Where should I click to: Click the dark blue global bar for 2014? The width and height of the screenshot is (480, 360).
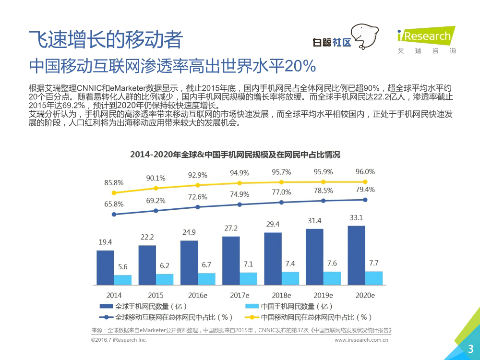(x=105, y=268)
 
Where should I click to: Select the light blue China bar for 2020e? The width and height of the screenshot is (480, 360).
(x=374, y=278)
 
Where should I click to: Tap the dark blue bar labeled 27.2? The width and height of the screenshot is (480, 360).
(x=230, y=261)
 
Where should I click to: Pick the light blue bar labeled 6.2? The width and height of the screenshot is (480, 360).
(x=165, y=280)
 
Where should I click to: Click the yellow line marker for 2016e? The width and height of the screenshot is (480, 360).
(x=197, y=185)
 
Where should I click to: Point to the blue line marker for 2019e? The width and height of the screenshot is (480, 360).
(x=324, y=201)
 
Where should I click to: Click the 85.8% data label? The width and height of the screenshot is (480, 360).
(x=114, y=182)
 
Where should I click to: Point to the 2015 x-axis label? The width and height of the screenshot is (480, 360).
(x=156, y=295)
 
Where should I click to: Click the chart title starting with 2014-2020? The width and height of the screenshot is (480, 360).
(x=235, y=155)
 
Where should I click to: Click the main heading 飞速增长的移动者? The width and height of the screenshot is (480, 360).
(x=106, y=39)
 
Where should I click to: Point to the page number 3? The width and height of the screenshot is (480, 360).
(x=471, y=349)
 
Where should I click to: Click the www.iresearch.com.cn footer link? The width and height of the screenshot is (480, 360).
(x=361, y=340)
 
